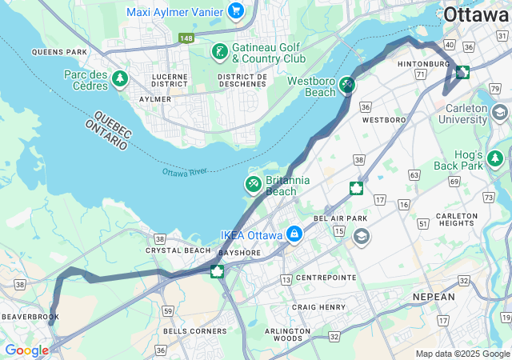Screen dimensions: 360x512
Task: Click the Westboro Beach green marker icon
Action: click(346, 83)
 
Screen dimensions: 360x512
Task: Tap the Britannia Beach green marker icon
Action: click(254, 185)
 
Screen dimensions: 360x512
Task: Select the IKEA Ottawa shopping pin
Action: click(294, 234)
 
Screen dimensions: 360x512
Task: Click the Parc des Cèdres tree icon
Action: click(120, 78)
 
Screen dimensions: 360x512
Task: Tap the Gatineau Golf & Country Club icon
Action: click(218, 53)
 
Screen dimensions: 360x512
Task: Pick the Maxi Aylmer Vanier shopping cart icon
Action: click(235, 10)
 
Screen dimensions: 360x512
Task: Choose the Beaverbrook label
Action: click(26, 317)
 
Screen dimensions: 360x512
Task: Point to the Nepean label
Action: click(433, 296)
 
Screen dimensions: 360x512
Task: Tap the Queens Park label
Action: click(59, 52)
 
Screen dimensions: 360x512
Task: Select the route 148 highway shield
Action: click(186, 38)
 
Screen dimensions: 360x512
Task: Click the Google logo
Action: click(26, 350)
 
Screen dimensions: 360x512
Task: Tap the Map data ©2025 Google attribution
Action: click(462, 354)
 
